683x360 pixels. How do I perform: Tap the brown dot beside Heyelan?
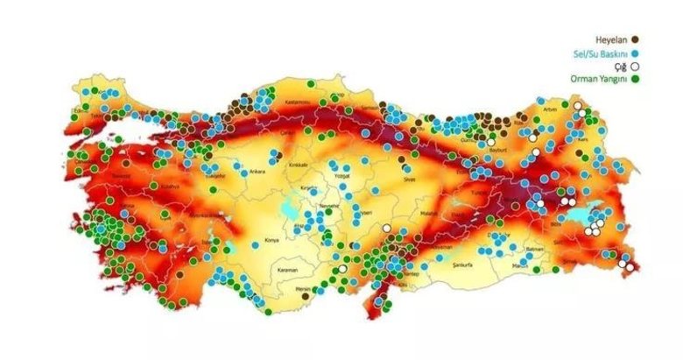[x=634, y=39]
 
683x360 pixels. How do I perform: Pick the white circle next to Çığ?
[x=634, y=67]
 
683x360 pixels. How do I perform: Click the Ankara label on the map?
[x=257, y=172]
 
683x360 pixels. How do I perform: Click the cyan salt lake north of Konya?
[x=288, y=211]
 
